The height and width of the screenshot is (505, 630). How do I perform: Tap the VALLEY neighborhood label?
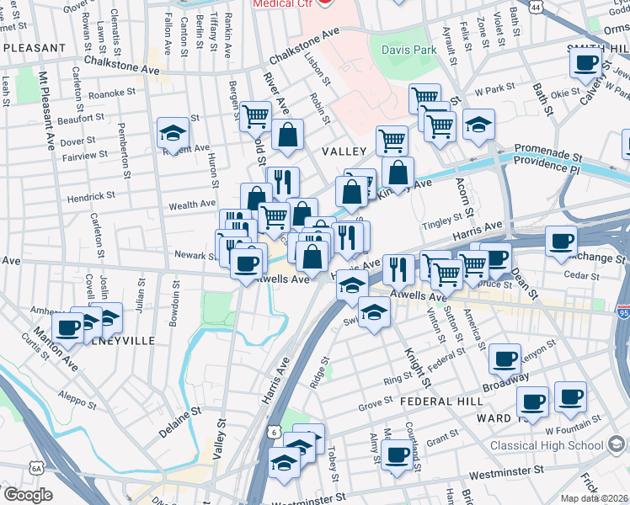343,151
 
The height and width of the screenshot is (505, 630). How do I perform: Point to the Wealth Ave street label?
192,205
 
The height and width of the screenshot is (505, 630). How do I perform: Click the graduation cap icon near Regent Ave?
173,132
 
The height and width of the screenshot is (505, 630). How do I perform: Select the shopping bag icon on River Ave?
287,135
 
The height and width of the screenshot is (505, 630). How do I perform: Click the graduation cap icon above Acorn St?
478,125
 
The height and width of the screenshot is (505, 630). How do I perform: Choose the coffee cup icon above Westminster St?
397,454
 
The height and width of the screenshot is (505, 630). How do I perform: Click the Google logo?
28,495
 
